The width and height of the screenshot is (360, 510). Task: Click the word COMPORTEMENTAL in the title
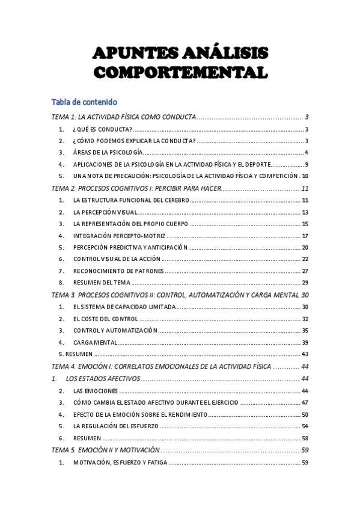coord(180,73)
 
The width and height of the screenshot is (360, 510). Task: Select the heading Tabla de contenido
coord(84,102)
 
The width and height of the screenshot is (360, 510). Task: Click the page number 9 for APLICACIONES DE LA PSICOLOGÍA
coord(307,164)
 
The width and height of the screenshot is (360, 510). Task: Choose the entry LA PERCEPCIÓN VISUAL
coord(105,212)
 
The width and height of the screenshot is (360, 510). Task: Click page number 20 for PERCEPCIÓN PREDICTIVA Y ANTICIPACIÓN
coord(305,248)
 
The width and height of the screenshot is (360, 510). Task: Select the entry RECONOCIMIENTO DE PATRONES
coord(118,271)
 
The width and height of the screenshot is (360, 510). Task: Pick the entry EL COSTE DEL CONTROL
coord(105,319)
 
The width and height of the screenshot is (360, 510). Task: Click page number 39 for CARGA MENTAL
coord(305,342)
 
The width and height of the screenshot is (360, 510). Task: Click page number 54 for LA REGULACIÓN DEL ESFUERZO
coord(305,426)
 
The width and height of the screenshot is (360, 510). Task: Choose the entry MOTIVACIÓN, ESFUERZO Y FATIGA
coord(120,462)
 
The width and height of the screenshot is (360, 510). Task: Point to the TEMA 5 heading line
coord(106,450)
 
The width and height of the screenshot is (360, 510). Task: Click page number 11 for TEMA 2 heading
coord(305,188)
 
